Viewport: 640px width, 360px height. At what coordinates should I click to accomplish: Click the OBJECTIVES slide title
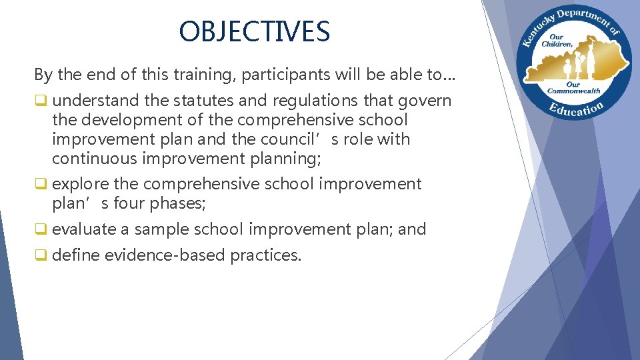[x=254, y=31]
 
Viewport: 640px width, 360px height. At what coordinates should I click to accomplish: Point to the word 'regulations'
[x=305, y=101]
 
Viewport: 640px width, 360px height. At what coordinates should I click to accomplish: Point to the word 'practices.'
[x=266, y=255]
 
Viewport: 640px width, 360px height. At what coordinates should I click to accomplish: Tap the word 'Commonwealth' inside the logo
[x=573, y=91]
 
